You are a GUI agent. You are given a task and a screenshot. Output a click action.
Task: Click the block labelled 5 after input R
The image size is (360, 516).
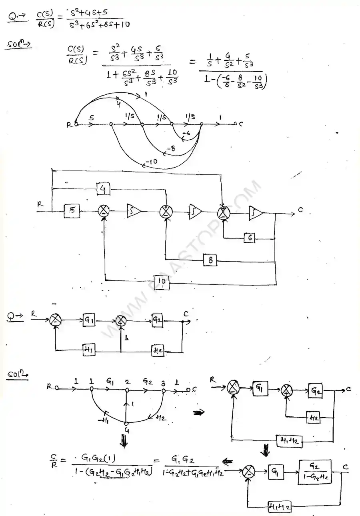coord(72,211)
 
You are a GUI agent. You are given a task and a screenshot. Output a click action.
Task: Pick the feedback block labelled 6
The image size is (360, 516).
coord(249,238)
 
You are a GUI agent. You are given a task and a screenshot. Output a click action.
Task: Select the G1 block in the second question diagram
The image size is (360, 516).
coord(89,320)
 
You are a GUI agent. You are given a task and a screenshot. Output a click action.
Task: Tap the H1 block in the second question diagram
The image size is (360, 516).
coord(87,350)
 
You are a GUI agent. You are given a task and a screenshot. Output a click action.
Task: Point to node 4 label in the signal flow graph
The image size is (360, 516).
coord(126,430)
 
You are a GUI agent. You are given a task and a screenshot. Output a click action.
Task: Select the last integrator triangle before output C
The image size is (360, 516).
coord(255,212)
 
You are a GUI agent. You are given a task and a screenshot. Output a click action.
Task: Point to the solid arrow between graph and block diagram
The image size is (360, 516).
coord(197,412)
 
